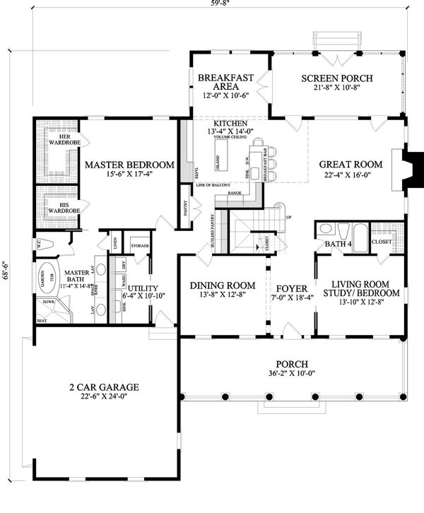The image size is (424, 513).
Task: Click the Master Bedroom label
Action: coord(129,165)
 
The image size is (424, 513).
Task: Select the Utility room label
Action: coord(140,288)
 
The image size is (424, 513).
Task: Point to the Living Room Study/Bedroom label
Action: coord(360,288)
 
